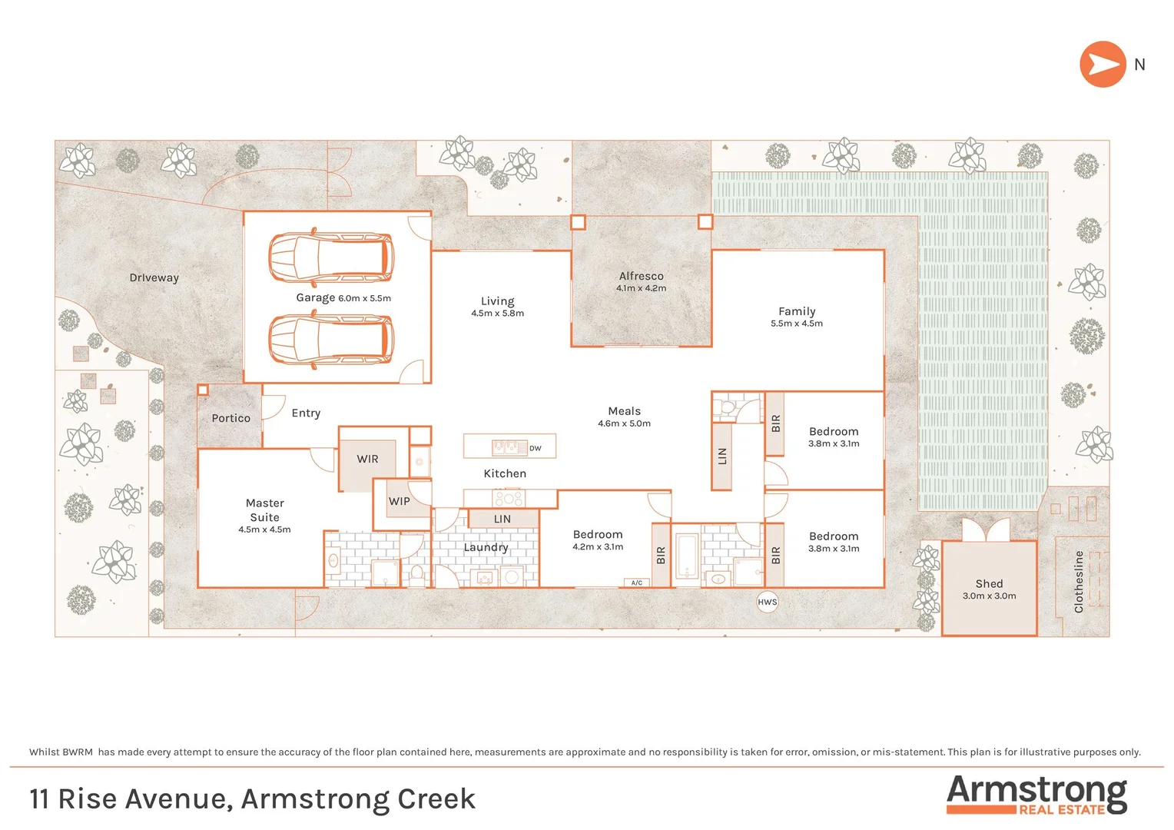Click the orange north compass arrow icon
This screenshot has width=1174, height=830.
[1103, 65]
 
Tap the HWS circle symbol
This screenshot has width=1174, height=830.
[768, 602]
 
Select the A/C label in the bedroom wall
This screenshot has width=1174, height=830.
[636, 583]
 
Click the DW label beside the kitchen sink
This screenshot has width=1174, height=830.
[536, 448]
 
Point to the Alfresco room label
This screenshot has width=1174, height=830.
[641, 276]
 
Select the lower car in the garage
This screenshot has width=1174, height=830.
[331, 339]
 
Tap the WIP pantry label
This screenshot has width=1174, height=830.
[400, 501]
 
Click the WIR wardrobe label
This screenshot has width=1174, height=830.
[367, 459]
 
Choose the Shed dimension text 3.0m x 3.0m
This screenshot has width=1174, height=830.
[989, 596]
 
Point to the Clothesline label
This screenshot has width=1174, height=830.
[1079, 582]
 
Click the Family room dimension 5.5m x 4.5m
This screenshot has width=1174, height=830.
[796, 324]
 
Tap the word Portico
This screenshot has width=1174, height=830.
[230, 418]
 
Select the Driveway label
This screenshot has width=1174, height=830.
[154, 277]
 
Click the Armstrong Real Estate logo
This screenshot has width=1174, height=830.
[1036, 795]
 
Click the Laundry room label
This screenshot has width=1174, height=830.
[486, 547]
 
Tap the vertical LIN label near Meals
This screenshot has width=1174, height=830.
[721, 456]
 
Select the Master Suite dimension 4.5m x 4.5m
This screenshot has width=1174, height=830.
[264, 530]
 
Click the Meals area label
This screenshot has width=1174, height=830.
[624, 411]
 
